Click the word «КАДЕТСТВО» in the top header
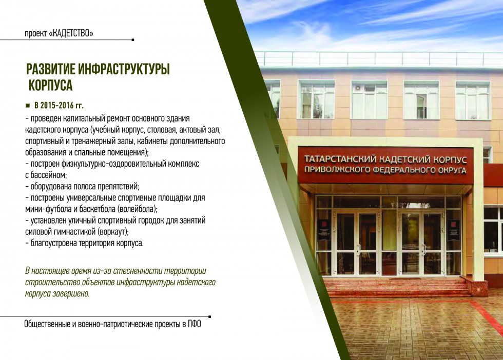[71, 33]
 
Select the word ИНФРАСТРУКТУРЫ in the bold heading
[124, 69]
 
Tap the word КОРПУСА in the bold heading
[51, 85]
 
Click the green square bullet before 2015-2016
[28, 106]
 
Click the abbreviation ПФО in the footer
[195, 324]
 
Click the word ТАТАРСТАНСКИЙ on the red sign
[340, 158]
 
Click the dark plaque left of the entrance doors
[323, 230]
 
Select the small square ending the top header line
[133, 40]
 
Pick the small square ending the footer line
[209, 317]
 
